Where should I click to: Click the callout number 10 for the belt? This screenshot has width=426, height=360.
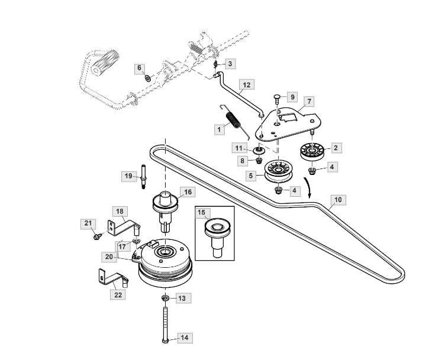pyautogui.click(x=337, y=200)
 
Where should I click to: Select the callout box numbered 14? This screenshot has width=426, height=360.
pyautogui.click(x=184, y=338)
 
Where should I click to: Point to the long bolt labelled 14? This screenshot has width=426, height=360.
pyautogui.click(x=164, y=322)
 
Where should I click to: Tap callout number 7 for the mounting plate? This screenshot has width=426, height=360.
pyautogui.click(x=309, y=101)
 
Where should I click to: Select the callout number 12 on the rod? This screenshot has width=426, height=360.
pyautogui.click(x=247, y=85)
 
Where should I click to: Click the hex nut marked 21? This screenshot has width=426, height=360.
pyautogui.click(x=96, y=236)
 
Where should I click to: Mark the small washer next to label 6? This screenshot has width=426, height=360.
pyautogui.click(x=147, y=77)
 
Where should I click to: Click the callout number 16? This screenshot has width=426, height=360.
pyautogui.click(x=187, y=192)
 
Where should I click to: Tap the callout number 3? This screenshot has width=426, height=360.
pyautogui.click(x=231, y=63)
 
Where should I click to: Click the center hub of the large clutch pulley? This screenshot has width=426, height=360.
pyautogui.click(x=163, y=252)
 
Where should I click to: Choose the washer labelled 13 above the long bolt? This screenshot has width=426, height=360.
pyautogui.click(x=164, y=297)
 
